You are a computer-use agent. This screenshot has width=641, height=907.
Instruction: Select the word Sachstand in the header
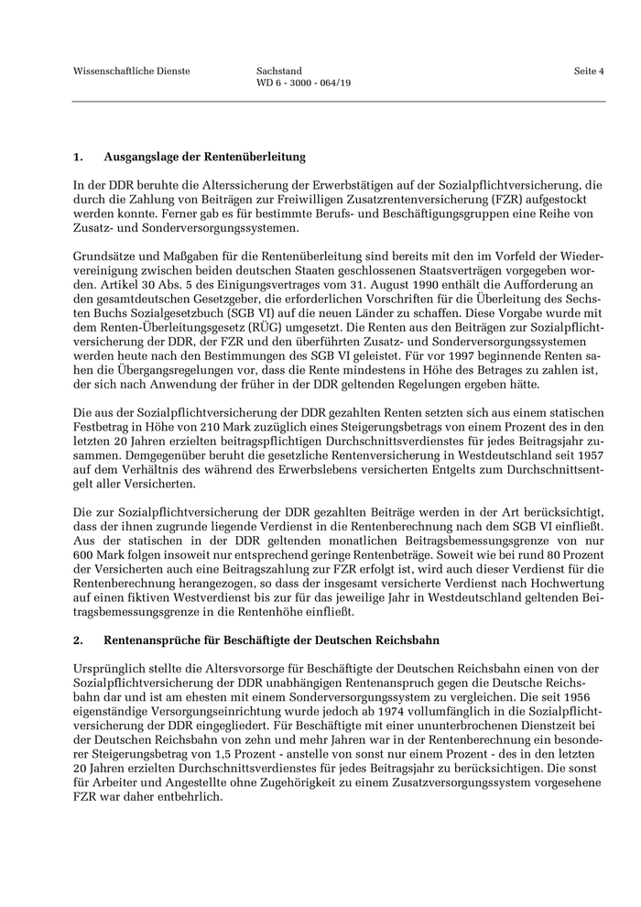[x=279, y=71]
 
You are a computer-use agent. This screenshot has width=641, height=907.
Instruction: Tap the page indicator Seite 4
[x=589, y=71]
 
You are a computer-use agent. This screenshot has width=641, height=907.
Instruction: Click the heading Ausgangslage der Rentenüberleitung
[x=204, y=158]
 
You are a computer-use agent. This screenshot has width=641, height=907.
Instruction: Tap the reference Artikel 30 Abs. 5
[x=118, y=272]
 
